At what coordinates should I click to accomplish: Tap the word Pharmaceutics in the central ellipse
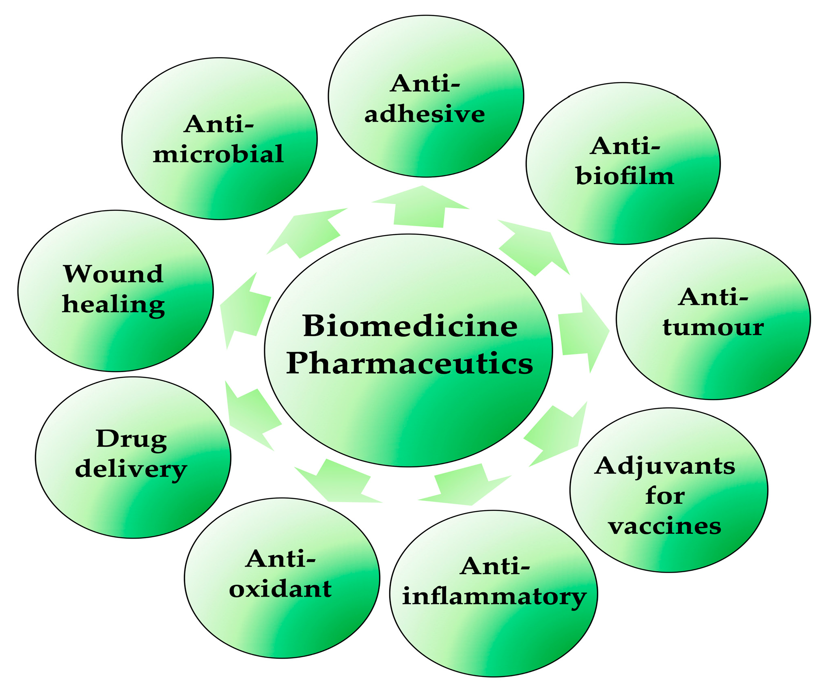click(x=410, y=363)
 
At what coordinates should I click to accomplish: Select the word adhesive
click(x=425, y=114)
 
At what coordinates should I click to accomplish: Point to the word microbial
click(x=218, y=154)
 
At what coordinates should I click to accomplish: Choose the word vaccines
click(x=665, y=526)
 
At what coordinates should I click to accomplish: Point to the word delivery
click(x=131, y=470)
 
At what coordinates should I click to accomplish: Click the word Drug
click(x=132, y=440)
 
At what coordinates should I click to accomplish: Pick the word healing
click(x=114, y=305)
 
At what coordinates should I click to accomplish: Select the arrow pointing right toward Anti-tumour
click(x=582, y=333)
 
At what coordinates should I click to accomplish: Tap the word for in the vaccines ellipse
click(x=665, y=496)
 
